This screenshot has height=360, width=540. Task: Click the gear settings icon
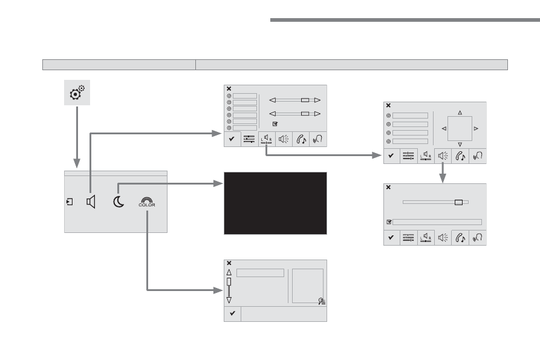(x=77, y=93)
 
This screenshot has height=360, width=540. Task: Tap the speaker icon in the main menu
(x=91, y=202)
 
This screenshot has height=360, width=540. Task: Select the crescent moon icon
(x=119, y=201)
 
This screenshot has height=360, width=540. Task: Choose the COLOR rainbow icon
(x=147, y=202)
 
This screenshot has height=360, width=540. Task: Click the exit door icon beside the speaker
(x=70, y=201)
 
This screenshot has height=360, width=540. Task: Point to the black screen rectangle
(x=276, y=203)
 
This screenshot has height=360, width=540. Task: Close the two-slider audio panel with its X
(x=229, y=89)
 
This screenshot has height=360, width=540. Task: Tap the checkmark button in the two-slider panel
(x=232, y=139)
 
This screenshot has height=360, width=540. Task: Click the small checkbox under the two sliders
(x=275, y=124)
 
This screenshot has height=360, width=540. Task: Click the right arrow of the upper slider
(x=317, y=100)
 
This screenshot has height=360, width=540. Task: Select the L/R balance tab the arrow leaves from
(x=267, y=139)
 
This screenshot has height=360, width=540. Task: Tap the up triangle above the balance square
(x=460, y=113)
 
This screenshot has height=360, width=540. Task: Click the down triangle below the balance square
(x=460, y=145)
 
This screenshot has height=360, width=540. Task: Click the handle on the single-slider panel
(x=458, y=202)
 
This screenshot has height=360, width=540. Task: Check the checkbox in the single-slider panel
(x=389, y=222)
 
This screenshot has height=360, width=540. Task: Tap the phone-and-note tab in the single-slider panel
(x=460, y=238)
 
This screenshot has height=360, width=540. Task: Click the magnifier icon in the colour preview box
(x=322, y=301)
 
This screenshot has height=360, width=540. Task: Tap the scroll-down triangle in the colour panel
(x=229, y=300)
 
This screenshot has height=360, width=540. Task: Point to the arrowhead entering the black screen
(x=218, y=183)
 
